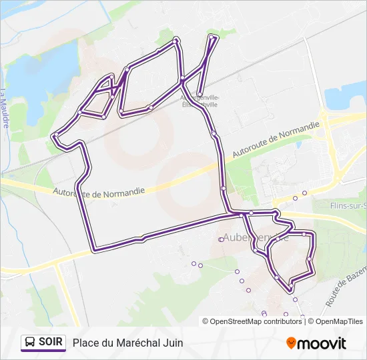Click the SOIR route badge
[x=43, y=343]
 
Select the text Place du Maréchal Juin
[x=127, y=343]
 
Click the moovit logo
[x=316, y=343]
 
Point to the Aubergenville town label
[x=254, y=237]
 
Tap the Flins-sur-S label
[x=348, y=206]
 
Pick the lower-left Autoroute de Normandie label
[x=99, y=191]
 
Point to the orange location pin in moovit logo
[x=291, y=343]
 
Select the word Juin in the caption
[x=172, y=343]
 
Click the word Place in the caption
[x=85, y=343]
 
